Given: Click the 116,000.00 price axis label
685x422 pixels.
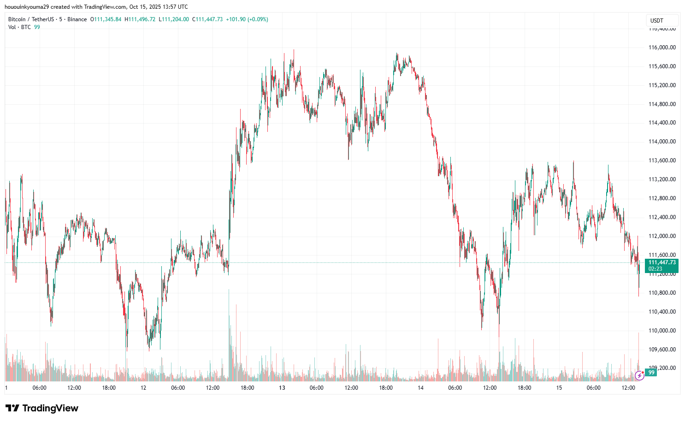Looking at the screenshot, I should [662, 48].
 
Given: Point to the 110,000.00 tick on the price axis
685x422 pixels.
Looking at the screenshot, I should [662, 331].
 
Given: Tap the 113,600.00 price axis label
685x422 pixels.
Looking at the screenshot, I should [662, 160].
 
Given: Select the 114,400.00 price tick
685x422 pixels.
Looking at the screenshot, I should [662, 123].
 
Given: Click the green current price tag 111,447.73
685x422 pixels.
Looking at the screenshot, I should [661, 262].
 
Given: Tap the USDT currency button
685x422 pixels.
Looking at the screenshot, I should [657, 21].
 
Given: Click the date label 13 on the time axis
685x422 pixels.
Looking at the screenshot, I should [282, 388].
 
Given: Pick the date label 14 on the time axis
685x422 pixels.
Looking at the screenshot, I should [420, 388].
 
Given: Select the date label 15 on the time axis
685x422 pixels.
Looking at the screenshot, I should [559, 388].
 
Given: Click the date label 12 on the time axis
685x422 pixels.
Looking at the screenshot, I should [143, 388].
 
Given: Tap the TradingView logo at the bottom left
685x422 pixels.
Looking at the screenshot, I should [42, 408].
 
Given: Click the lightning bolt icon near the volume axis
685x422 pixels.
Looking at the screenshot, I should [639, 375].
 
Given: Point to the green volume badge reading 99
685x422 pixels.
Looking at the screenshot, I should [651, 373].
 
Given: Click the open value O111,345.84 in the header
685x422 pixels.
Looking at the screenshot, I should [106, 19].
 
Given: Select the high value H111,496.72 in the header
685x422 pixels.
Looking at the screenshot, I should [140, 19].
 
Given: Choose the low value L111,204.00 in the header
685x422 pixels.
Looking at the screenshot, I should [174, 19].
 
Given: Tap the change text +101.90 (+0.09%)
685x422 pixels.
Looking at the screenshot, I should [247, 19].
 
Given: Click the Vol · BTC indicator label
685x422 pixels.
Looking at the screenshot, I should [19, 27].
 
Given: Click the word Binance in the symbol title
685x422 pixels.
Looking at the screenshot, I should [77, 19].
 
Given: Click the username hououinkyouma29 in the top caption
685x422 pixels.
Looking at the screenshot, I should [26, 7].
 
